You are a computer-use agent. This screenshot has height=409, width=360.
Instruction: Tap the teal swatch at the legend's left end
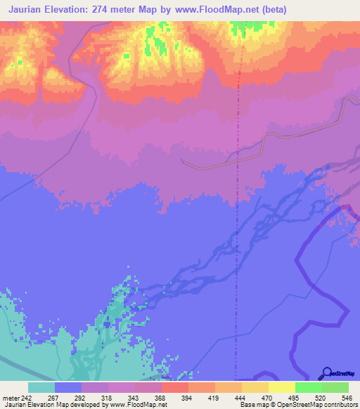pyautogui.click(x=41, y=387)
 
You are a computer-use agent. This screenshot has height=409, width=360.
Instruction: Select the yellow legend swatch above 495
pyautogui.click(x=281, y=387)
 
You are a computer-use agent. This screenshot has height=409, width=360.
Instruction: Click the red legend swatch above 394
pyautogui.click(x=174, y=387)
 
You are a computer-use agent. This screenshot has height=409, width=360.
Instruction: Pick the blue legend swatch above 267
pyautogui.click(x=68, y=387)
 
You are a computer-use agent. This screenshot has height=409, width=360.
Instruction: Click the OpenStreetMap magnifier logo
pyautogui.click(x=325, y=373)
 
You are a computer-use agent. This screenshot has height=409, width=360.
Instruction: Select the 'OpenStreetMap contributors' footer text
pyautogui.click(x=319, y=405)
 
